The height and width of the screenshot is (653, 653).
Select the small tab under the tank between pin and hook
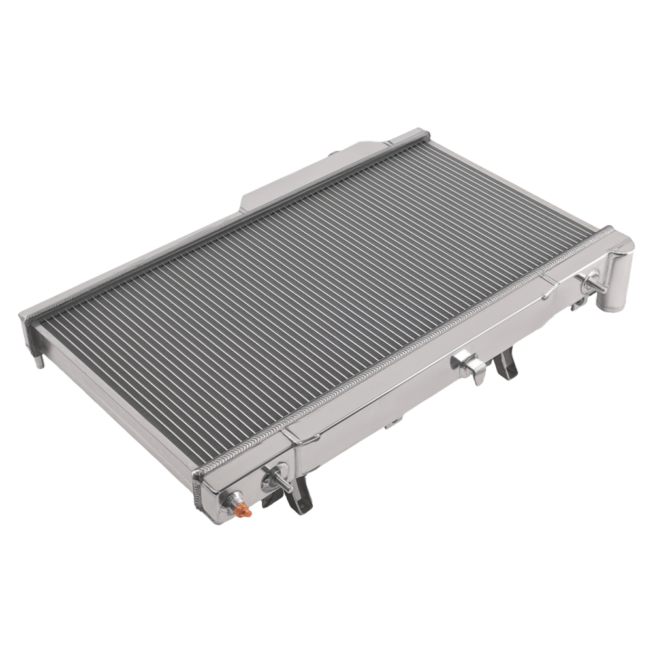392,424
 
